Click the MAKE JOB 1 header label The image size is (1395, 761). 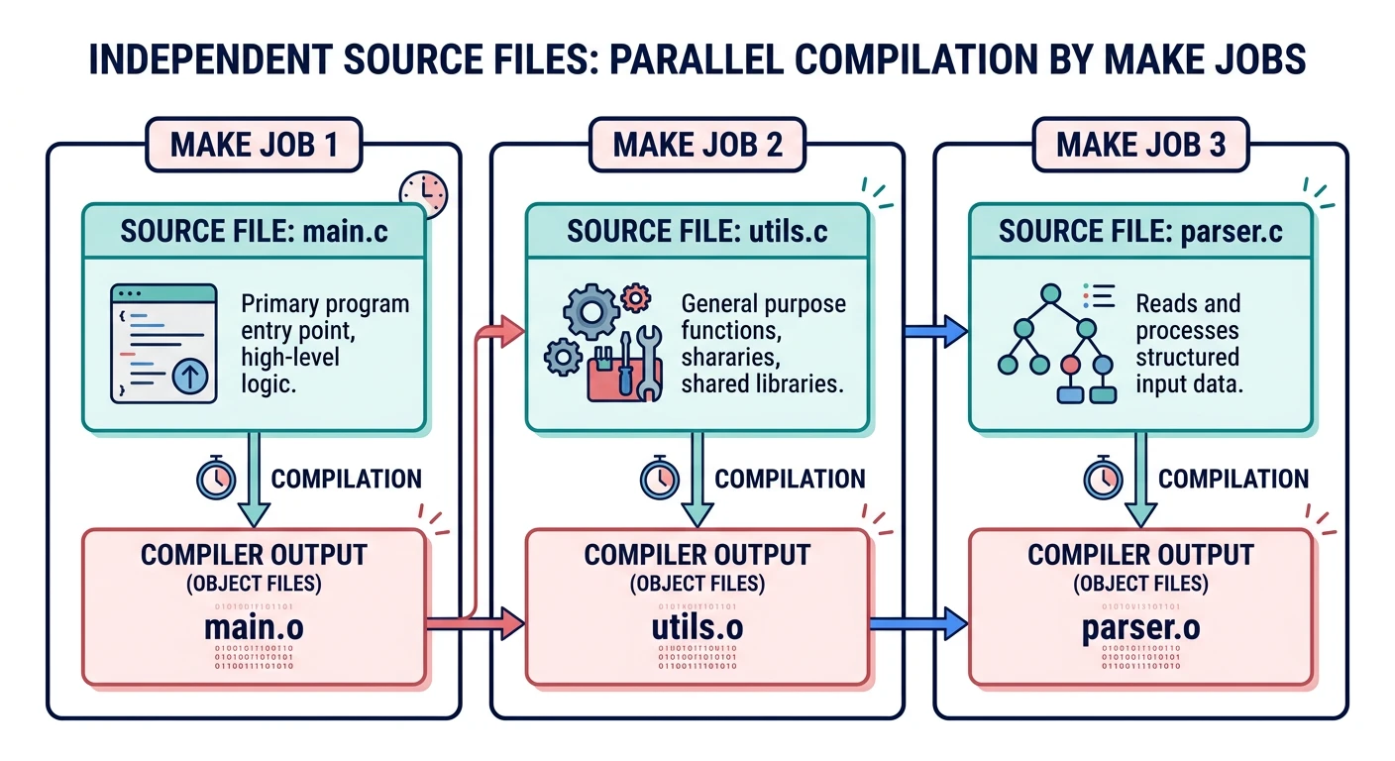tap(255, 145)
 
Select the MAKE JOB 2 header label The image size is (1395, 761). tap(697, 145)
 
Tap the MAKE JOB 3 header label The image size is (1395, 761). tap(1140, 145)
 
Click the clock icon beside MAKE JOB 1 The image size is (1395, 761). tap(423, 194)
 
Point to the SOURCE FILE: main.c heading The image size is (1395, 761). tap(255, 231)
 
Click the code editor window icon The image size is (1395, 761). tap(163, 343)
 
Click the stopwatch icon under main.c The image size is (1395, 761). tap(214, 479)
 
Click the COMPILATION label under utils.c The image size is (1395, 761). tap(790, 480)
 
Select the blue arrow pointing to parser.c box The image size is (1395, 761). tap(935, 331)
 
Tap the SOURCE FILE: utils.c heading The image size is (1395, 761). tap(697, 231)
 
